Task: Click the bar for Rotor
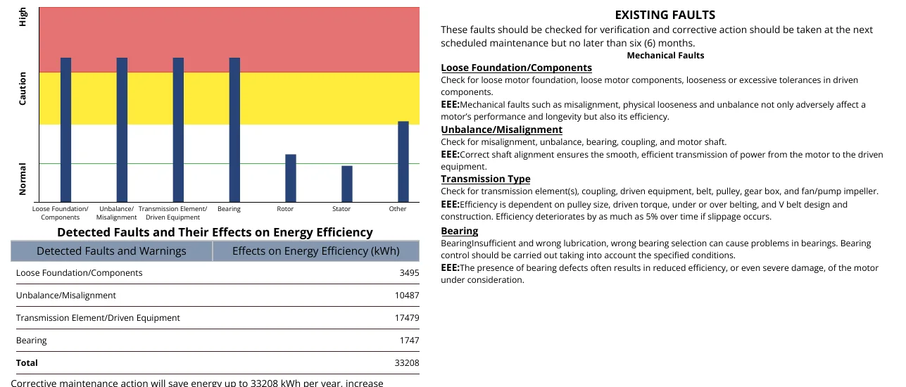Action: click(x=291, y=178)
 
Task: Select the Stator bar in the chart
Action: click(x=346, y=184)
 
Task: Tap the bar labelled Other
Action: click(x=403, y=161)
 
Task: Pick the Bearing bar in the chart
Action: click(x=234, y=129)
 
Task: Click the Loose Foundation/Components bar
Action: click(x=66, y=129)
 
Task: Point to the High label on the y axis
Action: click(x=23, y=17)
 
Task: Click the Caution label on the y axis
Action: click(x=23, y=89)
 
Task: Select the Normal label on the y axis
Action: click(x=23, y=179)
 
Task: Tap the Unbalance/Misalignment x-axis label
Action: click(x=116, y=213)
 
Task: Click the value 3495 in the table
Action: click(x=409, y=273)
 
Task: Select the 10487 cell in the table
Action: click(x=407, y=296)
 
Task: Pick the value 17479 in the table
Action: click(x=407, y=318)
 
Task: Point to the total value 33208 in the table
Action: click(x=407, y=363)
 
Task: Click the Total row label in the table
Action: click(x=27, y=363)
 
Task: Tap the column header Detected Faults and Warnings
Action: click(x=111, y=251)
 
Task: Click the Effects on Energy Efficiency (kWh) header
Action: click(x=316, y=251)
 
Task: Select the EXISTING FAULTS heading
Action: click(x=665, y=15)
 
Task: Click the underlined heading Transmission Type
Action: click(x=485, y=179)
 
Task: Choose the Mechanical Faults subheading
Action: click(x=665, y=56)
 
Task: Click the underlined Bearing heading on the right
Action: click(x=460, y=231)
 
